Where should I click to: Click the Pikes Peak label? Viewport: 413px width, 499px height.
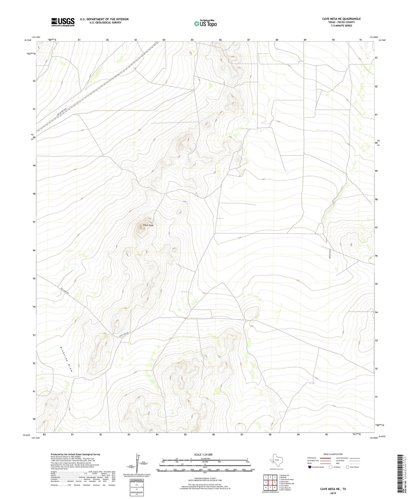click(x=148, y=225)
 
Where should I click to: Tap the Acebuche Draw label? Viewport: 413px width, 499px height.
click(x=66, y=359)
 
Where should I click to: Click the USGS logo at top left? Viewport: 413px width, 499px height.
click(x=63, y=22)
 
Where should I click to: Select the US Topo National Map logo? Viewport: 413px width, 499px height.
click(x=205, y=23)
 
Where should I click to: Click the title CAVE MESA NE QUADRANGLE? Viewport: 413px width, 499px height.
click(x=341, y=19)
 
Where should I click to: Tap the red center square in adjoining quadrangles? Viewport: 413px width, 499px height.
click(x=270, y=482)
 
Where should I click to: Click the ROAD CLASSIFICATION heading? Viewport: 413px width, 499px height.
click(x=333, y=454)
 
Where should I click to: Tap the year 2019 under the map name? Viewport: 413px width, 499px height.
click(x=333, y=493)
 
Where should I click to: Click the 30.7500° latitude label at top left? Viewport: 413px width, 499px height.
click(x=28, y=40)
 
